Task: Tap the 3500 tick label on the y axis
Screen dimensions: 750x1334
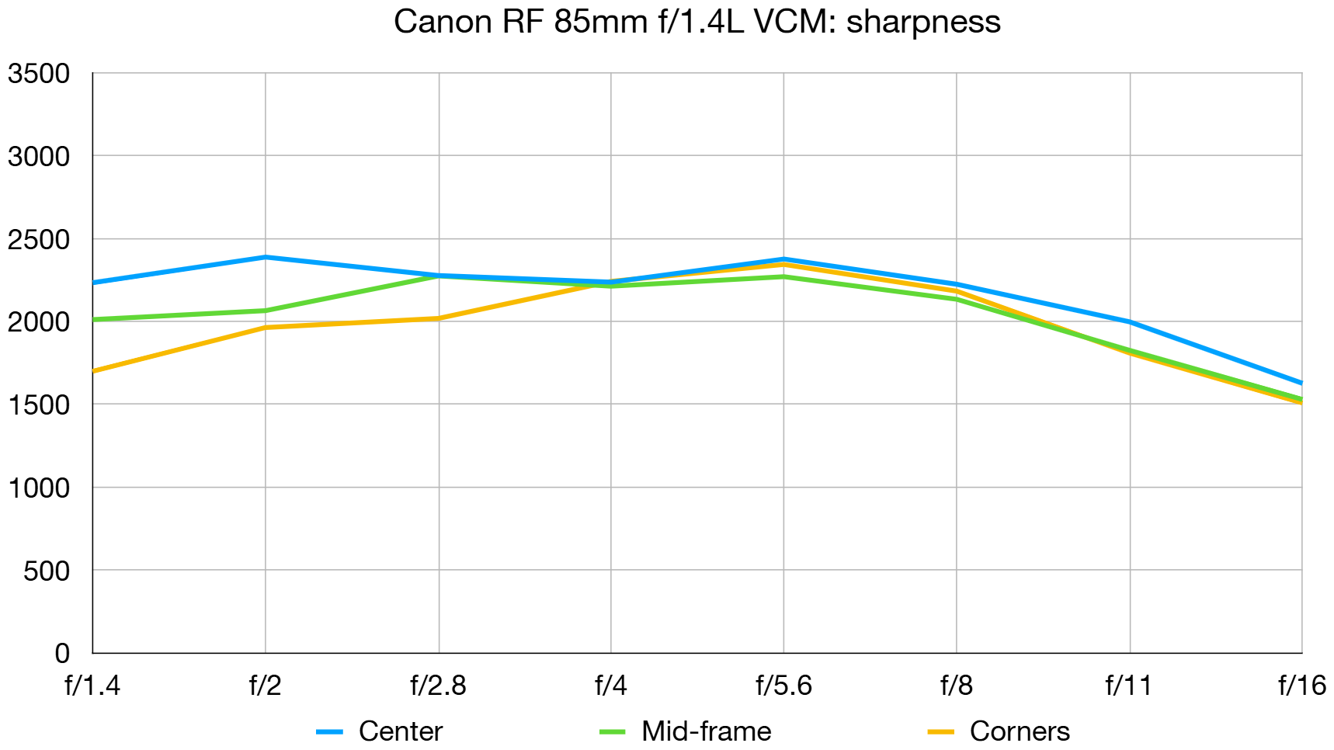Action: point(39,74)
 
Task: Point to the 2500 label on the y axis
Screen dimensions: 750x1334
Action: point(39,240)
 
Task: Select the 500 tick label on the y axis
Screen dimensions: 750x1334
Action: point(47,571)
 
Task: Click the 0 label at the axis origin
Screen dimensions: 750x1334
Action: point(62,654)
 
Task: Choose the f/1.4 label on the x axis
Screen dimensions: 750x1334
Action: point(92,686)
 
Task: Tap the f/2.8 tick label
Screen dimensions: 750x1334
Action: point(438,686)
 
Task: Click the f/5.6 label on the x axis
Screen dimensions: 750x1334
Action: point(783,686)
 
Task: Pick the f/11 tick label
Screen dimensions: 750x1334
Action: point(1128,686)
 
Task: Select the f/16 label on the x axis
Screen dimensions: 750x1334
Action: point(1301,686)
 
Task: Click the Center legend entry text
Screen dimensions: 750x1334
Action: point(400,731)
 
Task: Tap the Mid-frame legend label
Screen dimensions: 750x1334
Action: point(706,731)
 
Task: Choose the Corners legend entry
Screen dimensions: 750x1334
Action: point(1019,731)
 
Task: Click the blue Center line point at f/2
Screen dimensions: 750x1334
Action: point(266,257)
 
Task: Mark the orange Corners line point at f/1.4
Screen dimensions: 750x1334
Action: point(94,371)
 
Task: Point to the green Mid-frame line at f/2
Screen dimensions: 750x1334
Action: point(266,311)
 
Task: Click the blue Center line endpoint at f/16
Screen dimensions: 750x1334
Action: point(1301,383)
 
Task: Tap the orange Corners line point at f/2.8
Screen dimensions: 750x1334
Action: point(439,318)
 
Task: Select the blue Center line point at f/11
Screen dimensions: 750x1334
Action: point(1129,322)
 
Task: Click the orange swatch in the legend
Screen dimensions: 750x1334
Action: point(940,732)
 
